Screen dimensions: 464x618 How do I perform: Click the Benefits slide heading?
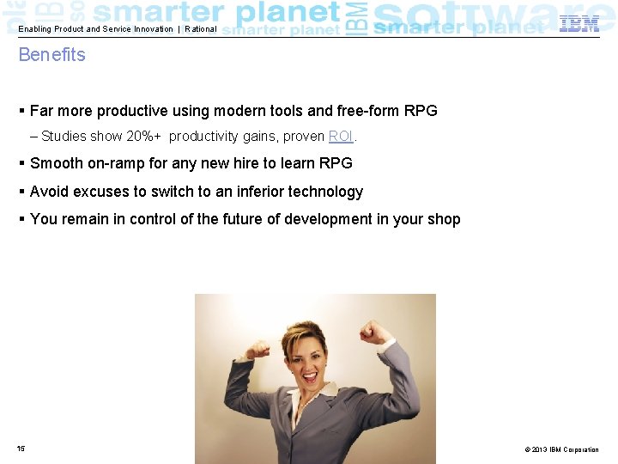(52, 55)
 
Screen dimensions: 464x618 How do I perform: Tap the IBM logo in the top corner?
(579, 24)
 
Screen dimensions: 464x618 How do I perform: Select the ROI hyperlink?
(341, 137)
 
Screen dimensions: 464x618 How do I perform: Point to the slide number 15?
(21, 449)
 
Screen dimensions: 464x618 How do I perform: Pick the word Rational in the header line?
(201, 29)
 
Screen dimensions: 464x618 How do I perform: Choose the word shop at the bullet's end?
(444, 219)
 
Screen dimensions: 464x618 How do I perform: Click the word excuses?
(101, 192)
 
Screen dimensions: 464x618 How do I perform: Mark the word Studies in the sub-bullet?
(64, 137)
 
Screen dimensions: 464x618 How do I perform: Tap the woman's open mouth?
(309, 376)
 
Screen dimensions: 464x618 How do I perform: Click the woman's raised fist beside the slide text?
(374, 331)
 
